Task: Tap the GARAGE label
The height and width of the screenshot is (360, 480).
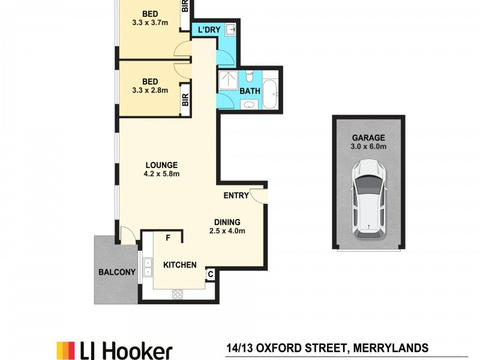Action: pos(368,137)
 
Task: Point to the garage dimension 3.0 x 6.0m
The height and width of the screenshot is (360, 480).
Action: pos(368,146)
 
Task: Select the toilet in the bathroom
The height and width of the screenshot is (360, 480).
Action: pos(250,77)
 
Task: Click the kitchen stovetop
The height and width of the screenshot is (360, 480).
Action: pos(178,294)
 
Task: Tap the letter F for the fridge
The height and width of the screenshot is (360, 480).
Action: pos(169,238)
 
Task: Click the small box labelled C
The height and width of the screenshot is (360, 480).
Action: pos(211,274)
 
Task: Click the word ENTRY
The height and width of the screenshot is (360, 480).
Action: pos(236,196)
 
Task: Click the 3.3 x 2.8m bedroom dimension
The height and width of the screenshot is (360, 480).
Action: pos(149,91)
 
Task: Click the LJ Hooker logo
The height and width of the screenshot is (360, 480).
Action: pos(114,350)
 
